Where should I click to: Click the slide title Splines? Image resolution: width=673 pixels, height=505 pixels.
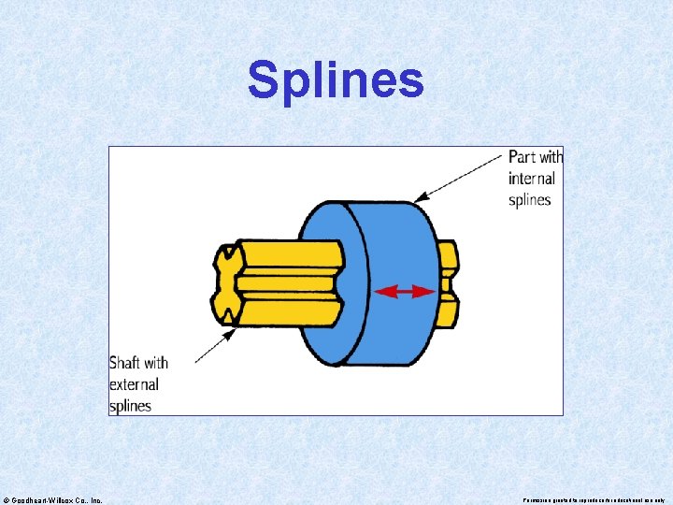coord(336,80)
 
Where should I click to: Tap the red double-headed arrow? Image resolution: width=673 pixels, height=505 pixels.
coord(405,292)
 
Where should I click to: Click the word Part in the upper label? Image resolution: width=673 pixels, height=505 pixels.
coord(523,156)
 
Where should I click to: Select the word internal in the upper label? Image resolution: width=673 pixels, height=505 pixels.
coord(532,178)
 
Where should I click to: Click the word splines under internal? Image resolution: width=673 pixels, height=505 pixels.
coord(530,199)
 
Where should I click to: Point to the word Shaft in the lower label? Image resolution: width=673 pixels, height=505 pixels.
coord(126,362)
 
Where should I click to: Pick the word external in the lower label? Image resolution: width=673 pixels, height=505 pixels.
coord(134,383)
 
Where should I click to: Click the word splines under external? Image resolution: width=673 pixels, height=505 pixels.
coord(130,405)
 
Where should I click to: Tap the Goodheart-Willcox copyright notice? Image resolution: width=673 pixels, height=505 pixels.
coord(53,499)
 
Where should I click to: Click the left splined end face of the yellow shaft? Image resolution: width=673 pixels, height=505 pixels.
coord(225,283)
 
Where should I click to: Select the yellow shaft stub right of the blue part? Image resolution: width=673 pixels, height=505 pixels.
coord(449,283)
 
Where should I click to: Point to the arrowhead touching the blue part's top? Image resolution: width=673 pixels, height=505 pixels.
coord(420,196)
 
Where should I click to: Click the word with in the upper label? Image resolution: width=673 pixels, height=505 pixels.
coord(551,156)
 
